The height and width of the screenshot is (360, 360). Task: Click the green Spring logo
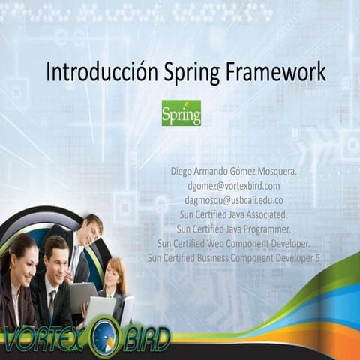point(181,113)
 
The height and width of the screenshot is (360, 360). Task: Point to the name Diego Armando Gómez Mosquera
point(234,172)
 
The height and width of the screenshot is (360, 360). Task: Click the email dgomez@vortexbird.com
point(234,186)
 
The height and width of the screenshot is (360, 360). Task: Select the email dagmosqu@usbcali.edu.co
point(234,200)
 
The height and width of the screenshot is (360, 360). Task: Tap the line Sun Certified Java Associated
point(234,214)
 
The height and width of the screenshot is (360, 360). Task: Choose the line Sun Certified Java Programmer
point(234,229)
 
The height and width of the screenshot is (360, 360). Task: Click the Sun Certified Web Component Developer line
point(234,243)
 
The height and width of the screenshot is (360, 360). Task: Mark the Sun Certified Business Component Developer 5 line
point(234,257)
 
